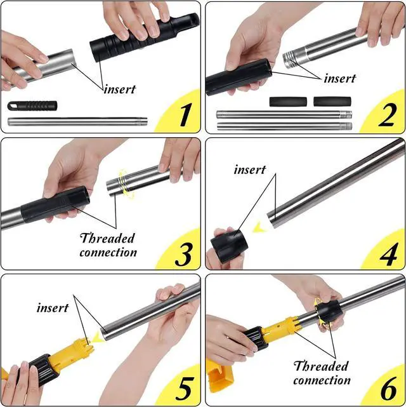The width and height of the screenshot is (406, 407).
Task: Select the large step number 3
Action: (183, 254)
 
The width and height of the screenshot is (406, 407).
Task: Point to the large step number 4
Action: (388, 255)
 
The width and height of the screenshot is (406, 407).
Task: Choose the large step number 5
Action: (185, 389)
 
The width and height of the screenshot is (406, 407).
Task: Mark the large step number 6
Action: (389, 389)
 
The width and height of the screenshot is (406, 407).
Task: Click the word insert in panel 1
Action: (120, 90)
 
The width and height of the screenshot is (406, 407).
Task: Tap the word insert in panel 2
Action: (340, 78)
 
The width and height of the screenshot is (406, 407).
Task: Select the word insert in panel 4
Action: (250, 170)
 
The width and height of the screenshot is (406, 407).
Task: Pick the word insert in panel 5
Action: (53, 308)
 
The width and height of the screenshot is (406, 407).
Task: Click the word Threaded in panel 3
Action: (108, 238)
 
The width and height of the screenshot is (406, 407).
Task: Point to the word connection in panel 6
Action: (322, 380)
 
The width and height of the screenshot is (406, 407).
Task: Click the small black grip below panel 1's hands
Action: (32, 105)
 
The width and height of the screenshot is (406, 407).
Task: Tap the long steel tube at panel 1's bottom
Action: (77, 121)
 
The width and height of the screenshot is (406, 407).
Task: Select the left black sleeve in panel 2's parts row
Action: (288, 102)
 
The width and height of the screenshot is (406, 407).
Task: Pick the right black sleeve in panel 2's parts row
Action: (332, 102)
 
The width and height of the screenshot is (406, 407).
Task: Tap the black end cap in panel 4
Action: (229, 245)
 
